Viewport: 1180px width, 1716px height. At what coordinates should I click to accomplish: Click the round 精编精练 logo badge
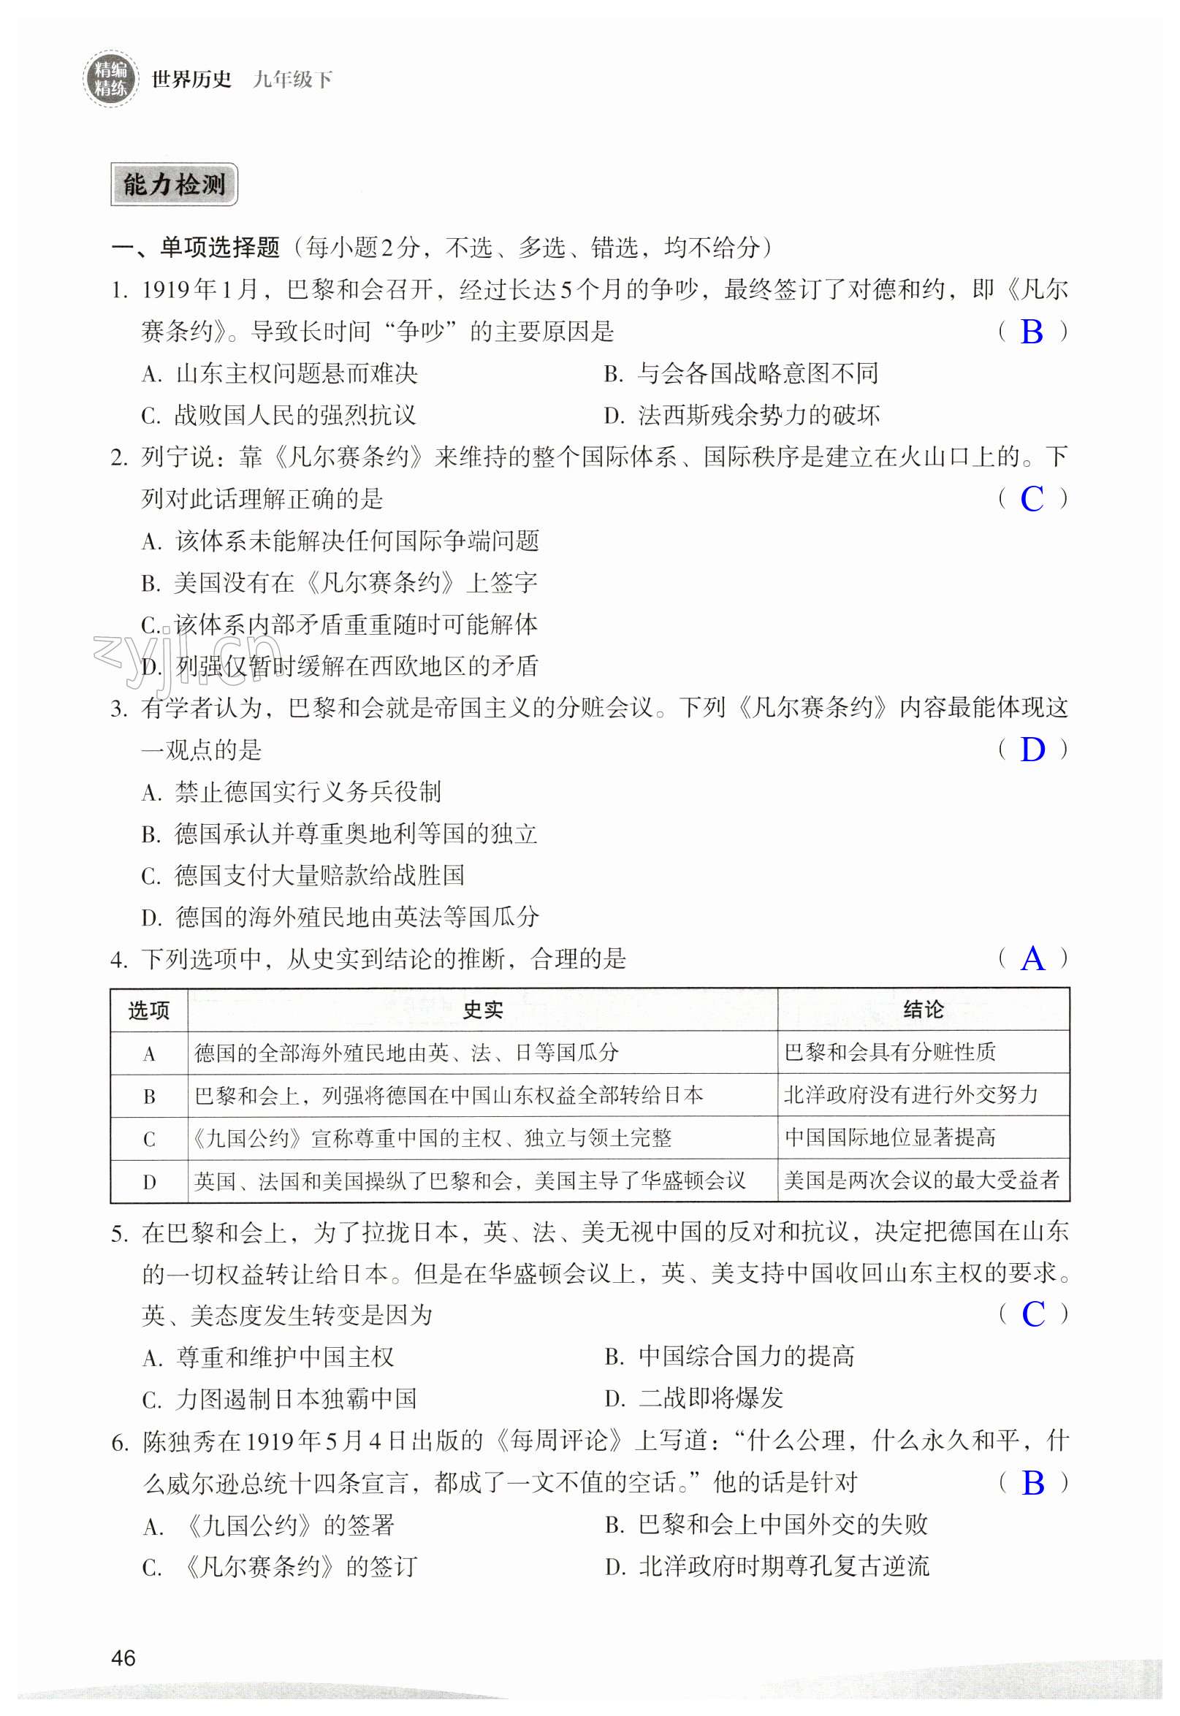point(110,79)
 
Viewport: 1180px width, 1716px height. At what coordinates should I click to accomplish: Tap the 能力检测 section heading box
point(174,185)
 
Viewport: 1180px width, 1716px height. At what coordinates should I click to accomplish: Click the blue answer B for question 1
point(1032,332)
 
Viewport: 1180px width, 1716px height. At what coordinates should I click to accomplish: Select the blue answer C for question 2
point(1032,500)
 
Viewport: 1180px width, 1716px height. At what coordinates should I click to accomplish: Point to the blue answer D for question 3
point(1032,750)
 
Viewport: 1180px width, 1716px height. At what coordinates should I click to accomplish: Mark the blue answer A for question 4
point(1032,959)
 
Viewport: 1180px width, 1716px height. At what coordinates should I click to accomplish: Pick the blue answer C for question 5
point(1033,1314)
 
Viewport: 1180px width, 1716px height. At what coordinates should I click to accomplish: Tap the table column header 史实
point(482,1010)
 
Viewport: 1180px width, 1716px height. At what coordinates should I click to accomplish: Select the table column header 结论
point(923,1010)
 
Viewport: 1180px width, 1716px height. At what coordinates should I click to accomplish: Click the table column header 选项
point(148,1010)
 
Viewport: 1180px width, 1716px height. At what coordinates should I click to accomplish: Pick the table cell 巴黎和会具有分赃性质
point(889,1053)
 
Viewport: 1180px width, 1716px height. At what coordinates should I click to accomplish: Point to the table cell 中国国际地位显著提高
point(889,1138)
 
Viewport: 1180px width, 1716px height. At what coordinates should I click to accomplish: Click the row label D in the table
point(148,1182)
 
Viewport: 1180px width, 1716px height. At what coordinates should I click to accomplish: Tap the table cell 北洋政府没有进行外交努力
point(910,1095)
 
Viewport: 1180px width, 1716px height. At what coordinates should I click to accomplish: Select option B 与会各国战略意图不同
point(742,374)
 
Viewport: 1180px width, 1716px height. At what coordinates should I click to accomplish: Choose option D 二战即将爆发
point(694,1398)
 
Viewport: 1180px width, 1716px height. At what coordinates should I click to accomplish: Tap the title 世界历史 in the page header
point(191,79)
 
